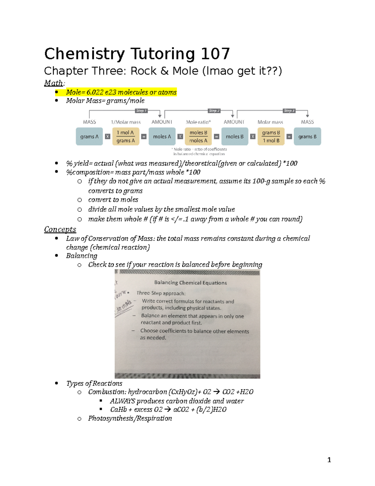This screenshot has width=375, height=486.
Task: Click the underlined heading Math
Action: click(53, 83)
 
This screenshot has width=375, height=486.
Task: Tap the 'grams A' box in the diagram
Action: click(89, 136)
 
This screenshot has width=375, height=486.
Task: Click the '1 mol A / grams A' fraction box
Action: click(126, 136)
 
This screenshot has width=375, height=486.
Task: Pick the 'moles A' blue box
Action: click(162, 136)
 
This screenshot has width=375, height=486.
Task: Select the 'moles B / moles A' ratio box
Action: click(198, 136)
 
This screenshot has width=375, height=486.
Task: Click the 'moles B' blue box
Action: click(235, 136)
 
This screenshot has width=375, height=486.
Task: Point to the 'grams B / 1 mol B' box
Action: click(271, 136)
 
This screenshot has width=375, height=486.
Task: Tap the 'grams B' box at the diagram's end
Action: click(307, 136)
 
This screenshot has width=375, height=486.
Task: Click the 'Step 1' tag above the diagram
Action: click(141, 111)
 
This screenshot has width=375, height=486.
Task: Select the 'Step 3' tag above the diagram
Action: click(289, 111)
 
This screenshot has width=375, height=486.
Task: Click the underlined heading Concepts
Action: click(60, 229)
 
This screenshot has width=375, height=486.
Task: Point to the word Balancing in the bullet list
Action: click(82, 256)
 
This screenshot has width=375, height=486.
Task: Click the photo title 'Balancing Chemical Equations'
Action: click(191, 283)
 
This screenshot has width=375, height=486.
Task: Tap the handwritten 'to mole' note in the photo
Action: click(124, 306)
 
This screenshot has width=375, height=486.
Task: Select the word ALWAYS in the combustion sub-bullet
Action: click(122, 401)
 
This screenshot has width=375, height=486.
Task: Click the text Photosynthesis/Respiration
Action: click(130, 418)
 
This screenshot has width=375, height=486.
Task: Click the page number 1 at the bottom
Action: click(329, 460)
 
